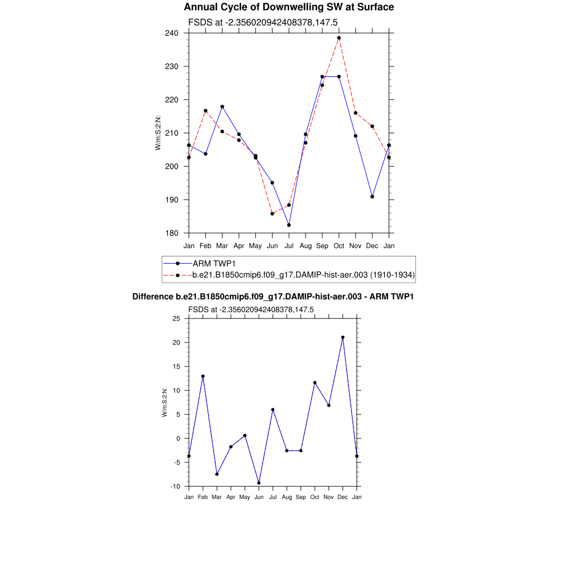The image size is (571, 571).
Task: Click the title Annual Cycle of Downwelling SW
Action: pyautogui.click(x=289, y=7)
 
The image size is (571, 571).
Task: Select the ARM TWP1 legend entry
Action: pyautogui.click(x=214, y=263)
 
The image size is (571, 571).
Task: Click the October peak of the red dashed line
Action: pyautogui.click(x=339, y=38)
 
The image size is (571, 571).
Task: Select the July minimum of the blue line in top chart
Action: pyautogui.click(x=289, y=225)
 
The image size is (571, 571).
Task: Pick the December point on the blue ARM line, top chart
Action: pyautogui.click(x=372, y=196)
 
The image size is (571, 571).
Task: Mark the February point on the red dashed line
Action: pyautogui.click(x=206, y=110)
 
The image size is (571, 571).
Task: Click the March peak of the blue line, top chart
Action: pyautogui.click(x=222, y=107)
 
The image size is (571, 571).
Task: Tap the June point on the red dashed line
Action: pyautogui.click(x=272, y=214)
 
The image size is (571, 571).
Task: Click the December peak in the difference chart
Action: pyautogui.click(x=343, y=337)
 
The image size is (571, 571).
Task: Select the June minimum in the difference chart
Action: pyautogui.click(x=259, y=483)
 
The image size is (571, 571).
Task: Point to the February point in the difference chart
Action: pyautogui.click(x=203, y=376)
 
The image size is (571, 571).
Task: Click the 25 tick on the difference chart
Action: pyautogui.click(x=176, y=318)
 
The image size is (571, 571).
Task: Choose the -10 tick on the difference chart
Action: pyautogui.click(x=175, y=486)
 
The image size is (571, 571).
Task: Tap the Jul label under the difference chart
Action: pyautogui.click(x=273, y=497)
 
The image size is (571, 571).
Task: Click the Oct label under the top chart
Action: pyautogui.click(x=339, y=245)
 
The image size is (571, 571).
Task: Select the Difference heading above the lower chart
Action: pyautogui.click(x=273, y=297)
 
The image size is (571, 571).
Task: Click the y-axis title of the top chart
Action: pyautogui.click(x=158, y=133)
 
